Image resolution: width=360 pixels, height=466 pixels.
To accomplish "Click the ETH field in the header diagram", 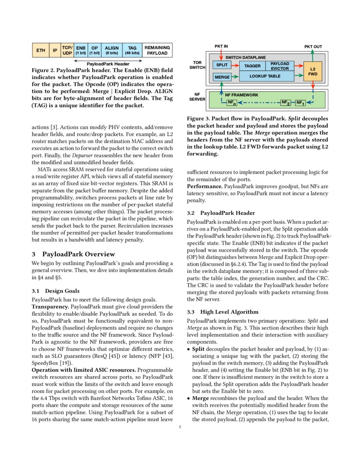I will [x=41, y=50].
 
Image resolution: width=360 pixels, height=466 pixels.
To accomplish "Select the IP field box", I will [x=55, y=50].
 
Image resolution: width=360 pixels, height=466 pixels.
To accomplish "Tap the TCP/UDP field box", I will [x=67, y=50].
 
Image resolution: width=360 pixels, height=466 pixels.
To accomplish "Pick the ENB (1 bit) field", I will [x=80, y=50].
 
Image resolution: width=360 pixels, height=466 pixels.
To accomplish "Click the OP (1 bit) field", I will [x=94, y=50].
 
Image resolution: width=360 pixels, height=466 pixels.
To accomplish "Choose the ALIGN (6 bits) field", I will [x=112, y=50].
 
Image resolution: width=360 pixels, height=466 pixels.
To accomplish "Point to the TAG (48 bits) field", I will [x=132, y=50].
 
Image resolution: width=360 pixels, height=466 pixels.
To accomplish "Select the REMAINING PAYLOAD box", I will [x=157, y=50].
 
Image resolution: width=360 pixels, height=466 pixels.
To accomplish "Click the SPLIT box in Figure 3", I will [x=222, y=65].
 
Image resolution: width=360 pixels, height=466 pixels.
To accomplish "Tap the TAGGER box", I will [x=252, y=66].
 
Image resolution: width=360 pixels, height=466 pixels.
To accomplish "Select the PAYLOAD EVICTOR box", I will [x=280, y=66].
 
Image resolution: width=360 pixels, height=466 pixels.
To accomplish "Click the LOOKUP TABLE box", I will [x=266, y=76].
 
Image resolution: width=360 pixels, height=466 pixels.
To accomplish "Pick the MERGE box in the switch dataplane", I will [x=222, y=77].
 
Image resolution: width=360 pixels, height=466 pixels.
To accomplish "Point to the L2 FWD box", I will [x=313, y=71].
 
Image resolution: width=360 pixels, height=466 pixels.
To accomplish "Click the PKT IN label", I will [x=221, y=46].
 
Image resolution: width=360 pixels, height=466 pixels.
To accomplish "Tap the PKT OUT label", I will [x=313, y=46].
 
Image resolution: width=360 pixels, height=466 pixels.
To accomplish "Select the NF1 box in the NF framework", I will [x=300, y=103].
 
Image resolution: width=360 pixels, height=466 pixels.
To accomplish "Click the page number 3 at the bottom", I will [x=180, y=427].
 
